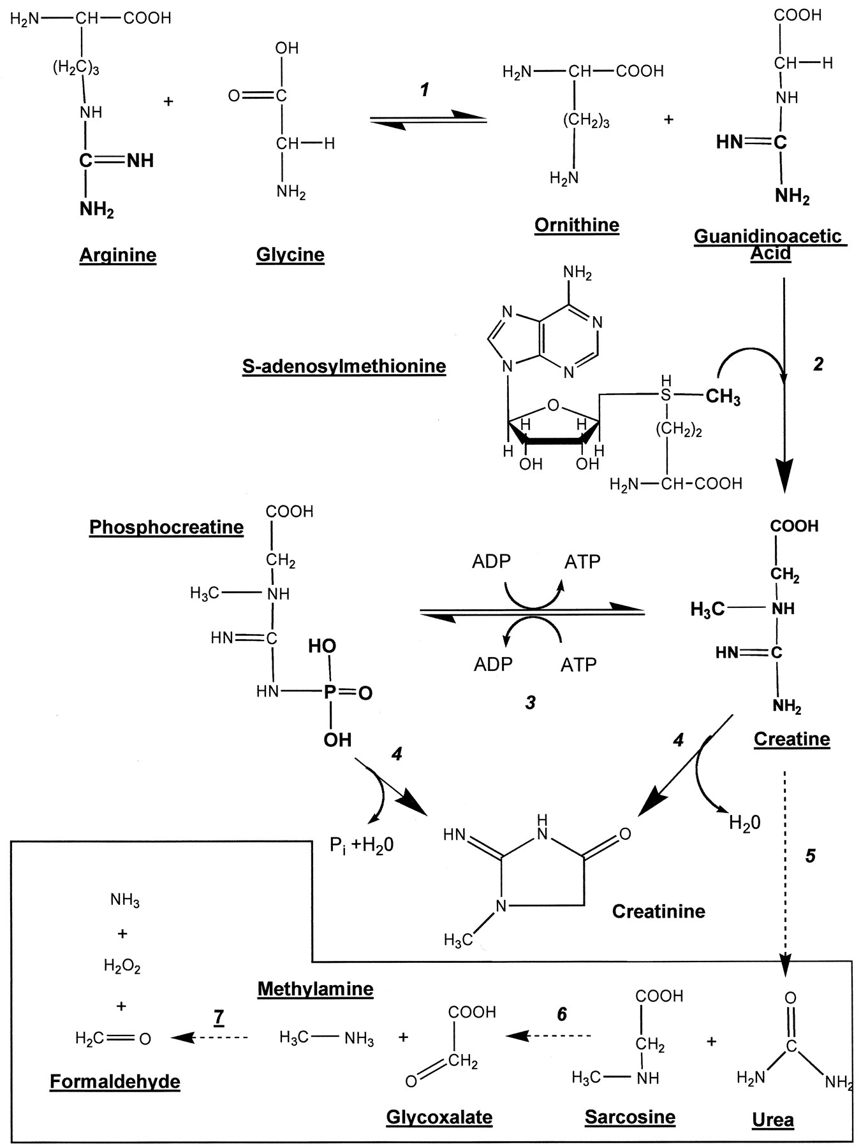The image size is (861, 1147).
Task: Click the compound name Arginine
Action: (x=118, y=256)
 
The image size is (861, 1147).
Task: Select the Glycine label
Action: (x=290, y=255)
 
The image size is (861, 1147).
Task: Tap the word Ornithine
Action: (x=577, y=225)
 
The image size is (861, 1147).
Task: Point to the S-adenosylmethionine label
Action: (x=344, y=366)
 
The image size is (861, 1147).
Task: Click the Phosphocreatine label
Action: (x=166, y=528)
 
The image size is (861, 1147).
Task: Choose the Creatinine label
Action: (x=658, y=911)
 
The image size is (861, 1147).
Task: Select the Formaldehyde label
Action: (x=115, y=1081)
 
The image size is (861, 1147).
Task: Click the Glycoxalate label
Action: (x=439, y=1117)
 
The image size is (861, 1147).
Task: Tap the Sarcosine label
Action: (x=629, y=1117)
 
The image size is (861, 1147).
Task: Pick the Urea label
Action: (x=773, y=1120)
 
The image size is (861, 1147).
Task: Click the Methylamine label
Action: (x=315, y=989)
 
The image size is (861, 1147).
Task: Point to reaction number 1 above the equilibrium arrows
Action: (x=425, y=90)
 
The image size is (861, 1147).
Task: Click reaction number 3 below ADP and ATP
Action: (x=530, y=703)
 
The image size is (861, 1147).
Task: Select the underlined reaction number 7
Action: (x=219, y=1017)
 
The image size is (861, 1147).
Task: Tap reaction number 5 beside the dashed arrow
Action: (x=810, y=856)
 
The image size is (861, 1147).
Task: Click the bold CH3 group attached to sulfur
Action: (x=723, y=397)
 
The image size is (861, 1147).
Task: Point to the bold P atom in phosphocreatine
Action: (x=330, y=692)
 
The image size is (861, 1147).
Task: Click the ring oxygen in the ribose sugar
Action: (x=553, y=405)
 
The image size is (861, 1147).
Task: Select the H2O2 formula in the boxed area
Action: (x=122, y=967)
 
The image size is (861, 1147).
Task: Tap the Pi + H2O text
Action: (x=362, y=846)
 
